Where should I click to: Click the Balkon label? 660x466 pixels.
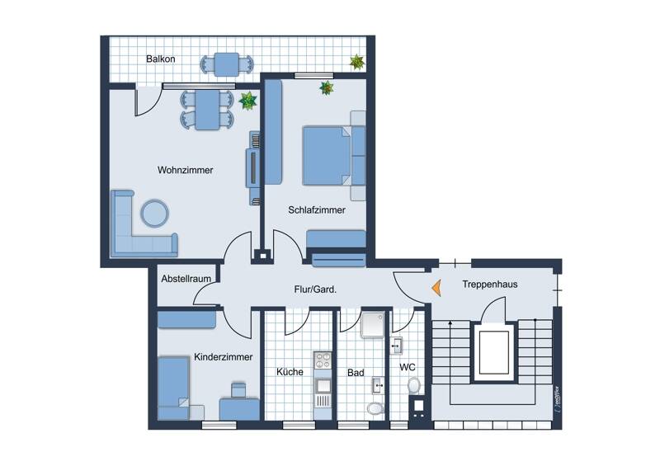160,59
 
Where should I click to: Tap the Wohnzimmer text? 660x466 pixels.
186,171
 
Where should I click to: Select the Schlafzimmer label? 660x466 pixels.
317,210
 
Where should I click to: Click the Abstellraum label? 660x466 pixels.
186,279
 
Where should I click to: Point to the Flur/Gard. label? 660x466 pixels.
316,289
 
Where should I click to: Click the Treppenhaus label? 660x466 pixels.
490,285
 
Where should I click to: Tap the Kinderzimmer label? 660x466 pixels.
224,357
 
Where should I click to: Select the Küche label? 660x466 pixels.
290,372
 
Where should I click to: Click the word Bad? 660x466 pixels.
356,373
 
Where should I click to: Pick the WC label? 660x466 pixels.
408,367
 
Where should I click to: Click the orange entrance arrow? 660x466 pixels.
434,288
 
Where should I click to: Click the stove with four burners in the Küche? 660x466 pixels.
322,360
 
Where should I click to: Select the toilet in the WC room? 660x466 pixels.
414,385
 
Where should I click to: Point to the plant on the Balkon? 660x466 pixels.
356,61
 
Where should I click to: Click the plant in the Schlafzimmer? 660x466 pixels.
327,87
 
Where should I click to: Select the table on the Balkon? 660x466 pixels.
225,63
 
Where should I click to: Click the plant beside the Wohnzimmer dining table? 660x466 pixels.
247,101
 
